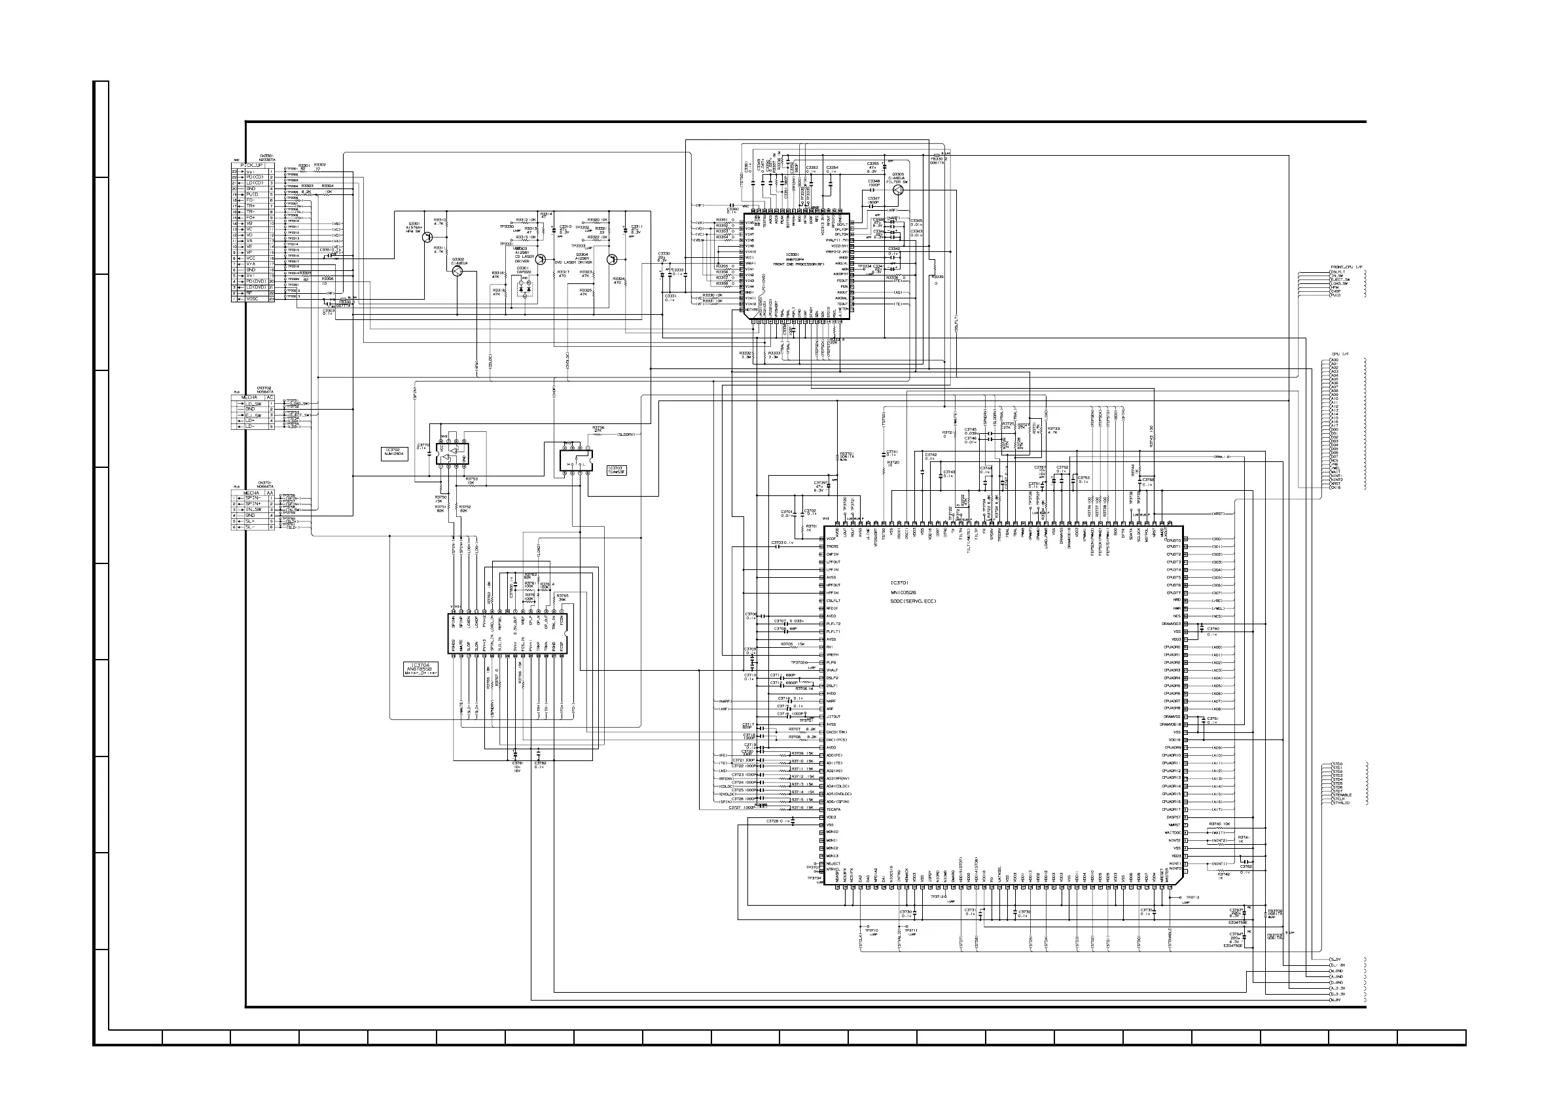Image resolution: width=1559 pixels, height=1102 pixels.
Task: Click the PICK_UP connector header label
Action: (253, 165)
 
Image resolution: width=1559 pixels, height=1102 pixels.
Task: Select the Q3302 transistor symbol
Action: (457, 270)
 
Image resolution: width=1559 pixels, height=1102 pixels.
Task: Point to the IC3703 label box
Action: (617, 469)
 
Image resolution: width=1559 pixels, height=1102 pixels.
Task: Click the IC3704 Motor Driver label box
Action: (420, 669)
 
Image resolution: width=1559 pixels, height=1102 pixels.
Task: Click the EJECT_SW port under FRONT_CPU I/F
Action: (1340, 279)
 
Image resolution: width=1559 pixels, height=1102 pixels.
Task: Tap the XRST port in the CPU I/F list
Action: (1336, 484)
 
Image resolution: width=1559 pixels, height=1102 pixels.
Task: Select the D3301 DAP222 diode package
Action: (525, 289)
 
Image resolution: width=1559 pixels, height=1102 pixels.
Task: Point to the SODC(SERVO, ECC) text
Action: (913, 601)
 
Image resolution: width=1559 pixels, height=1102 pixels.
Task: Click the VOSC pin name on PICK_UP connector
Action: (253, 299)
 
